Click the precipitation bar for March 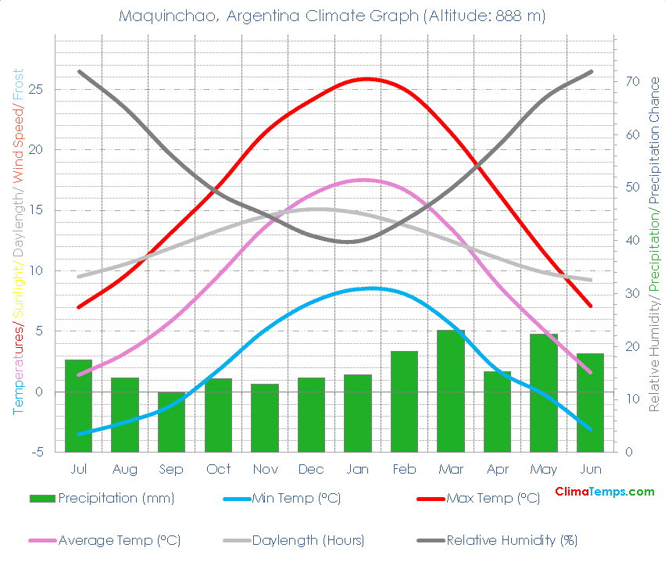pos(451,391)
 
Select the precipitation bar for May pos(544,392)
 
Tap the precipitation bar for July pos(78,406)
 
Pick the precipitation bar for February pos(404,401)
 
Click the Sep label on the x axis pos(171,469)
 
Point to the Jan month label pos(358,469)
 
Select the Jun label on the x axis pos(591,469)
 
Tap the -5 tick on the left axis pos(38,452)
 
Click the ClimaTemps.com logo pos(604,492)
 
